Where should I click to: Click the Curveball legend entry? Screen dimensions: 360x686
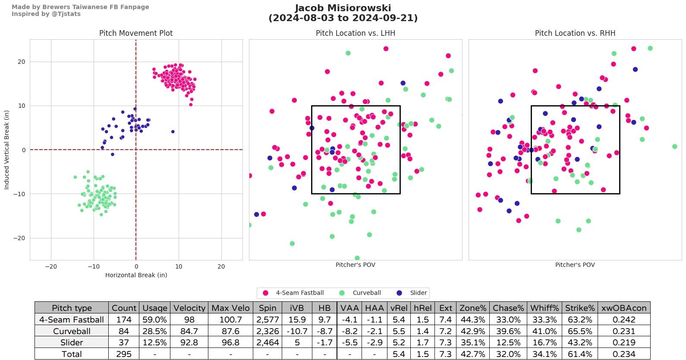coord(366,293)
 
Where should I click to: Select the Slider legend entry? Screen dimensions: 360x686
coord(418,293)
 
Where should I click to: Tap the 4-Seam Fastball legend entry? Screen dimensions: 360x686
coord(299,293)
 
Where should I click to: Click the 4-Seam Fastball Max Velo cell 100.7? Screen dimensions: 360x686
coord(230,319)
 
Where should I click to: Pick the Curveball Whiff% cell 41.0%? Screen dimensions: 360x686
coord(544,331)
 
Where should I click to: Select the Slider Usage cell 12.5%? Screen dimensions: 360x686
coord(154,342)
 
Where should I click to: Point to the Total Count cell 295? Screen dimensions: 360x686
coord(124,354)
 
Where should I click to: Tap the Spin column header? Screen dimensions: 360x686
coord(267,308)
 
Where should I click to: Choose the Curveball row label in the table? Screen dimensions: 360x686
coord(72,331)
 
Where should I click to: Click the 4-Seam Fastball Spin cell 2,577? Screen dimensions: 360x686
coord(267,319)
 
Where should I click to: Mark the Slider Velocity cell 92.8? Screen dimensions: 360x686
coord(189,342)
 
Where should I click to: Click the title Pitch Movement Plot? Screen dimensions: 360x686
coord(136,33)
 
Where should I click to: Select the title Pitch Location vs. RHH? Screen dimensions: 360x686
coord(575,33)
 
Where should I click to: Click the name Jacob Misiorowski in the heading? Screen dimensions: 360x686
coord(343,8)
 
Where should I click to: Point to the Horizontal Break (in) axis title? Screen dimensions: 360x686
coord(136,275)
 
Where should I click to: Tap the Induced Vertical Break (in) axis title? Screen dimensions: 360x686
coord(6,150)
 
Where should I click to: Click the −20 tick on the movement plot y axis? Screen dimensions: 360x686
coord(19,238)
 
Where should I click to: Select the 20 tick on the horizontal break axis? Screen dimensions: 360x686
coord(221,266)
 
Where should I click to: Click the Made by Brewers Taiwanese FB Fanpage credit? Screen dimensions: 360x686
coord(80,7)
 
